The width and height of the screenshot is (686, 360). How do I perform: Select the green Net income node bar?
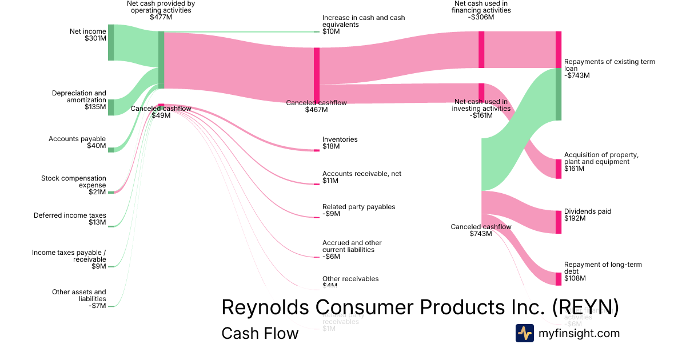pyautogui.click(x=111, y=42)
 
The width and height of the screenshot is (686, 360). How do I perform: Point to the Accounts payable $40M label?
pyautogui.click(x=77, y=142)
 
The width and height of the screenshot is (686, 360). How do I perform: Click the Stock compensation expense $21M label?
pyautogui.click(x=74, y=185)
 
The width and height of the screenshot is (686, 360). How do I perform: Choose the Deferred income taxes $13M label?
pyautogui.click(x=70, y=219)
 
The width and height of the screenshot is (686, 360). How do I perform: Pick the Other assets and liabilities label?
pyautogui.click(x=79, y=299)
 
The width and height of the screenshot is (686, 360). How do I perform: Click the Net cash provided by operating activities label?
pyautogui.click(x=161, y=10)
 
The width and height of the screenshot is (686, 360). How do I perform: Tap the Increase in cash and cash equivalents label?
pyautogui.click(x=363, y=25)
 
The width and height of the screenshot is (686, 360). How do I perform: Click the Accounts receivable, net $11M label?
pyautogui.click(x=361, y=177)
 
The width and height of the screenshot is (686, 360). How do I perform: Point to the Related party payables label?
pyautogui.click(x=358, y=210)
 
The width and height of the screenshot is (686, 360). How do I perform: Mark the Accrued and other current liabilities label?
pyautogui.click(x=352, y=250)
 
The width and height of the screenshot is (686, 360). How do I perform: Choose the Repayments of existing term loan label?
pyautogui.click(x=609, y=68)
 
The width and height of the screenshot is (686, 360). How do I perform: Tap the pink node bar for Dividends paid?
pyautogui.click(x=559, y=222)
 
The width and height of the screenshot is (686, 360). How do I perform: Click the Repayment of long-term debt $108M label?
pyautogui.click(x=603, y=271)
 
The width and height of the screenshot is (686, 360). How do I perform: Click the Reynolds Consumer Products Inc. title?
pyautogui.click(x=420, y=307)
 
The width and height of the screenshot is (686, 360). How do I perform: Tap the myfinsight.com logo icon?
pyautogui.click(x=524, y=333)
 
